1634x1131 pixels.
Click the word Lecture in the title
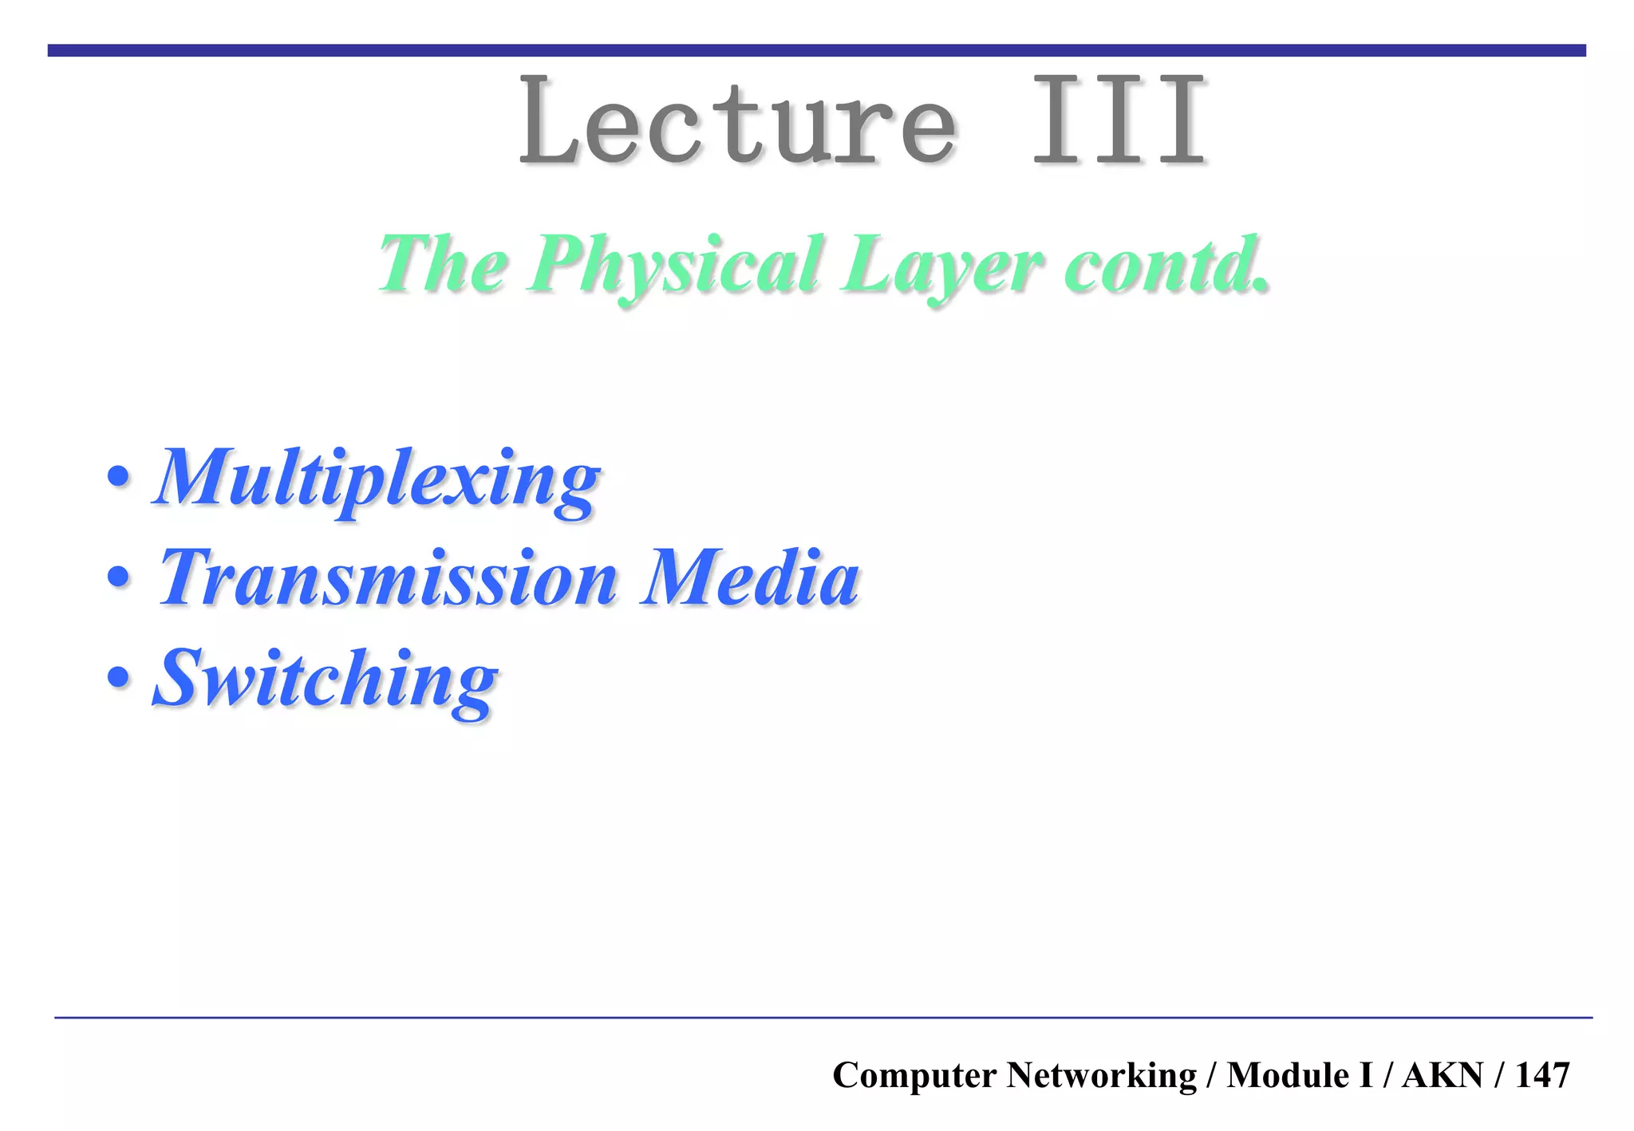(x=737, y=121)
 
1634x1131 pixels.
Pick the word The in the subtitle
(x=444, y=263)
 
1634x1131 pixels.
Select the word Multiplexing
(x=377, y=479)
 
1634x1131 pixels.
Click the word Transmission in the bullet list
(x=389, y=577)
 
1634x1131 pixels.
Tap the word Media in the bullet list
(x=750, y=577)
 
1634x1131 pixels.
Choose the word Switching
(x=326, y=680)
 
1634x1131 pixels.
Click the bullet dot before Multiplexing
(x=118, y=478)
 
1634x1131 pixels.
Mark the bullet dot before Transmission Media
(x=118, y=577)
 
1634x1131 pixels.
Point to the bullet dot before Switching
(x=118, y=678)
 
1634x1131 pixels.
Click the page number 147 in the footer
(x=1542, y=1075)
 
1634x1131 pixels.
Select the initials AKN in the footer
(x=1443, y=1075)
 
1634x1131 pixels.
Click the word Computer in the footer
(x=914, y=1075)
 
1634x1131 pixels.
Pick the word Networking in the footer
(x=1101, y=1075)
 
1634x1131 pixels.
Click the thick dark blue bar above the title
(x=817, y=50)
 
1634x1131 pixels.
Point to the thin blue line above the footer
(x=822, y=1018)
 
